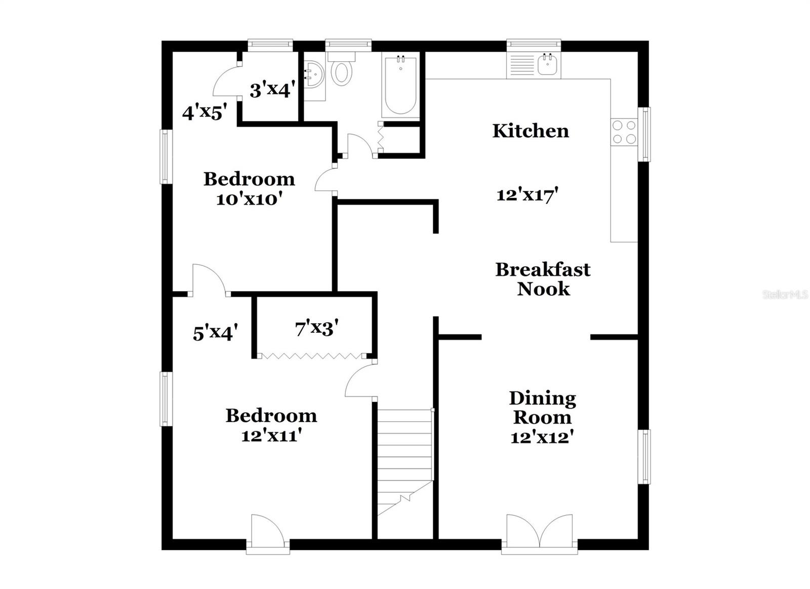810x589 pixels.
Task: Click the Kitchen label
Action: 531,131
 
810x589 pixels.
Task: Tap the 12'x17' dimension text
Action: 527,194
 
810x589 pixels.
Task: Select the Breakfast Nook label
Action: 543,279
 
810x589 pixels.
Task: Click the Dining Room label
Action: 542,408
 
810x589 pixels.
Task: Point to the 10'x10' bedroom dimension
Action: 249,199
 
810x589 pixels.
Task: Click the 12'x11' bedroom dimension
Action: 271,435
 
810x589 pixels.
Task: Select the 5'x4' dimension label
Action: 215,333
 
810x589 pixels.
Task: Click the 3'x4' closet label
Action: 272,90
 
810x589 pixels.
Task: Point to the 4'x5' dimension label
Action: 204,112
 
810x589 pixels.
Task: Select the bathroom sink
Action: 314,76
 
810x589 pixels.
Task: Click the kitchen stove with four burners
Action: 624,132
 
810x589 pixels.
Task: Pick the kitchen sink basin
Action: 548,65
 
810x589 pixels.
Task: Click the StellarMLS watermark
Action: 785,295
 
